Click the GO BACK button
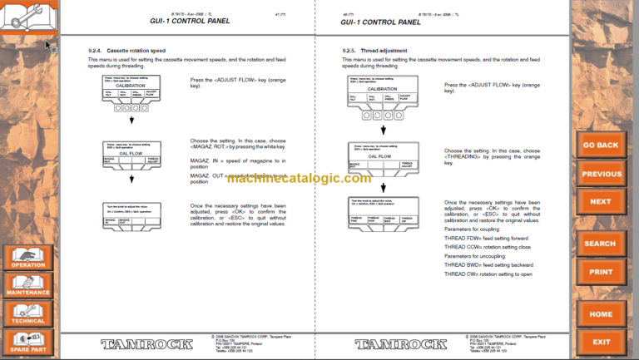[x=601, y=144]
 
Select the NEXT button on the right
[x=601, y=201]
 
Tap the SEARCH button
[x=600, y=243]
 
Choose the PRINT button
[x=601, y=271]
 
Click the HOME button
[x=601, y=314]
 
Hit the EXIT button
[x=601, y=341]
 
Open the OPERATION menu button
[x=28, y=258]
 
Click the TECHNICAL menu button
[x=28, y=313]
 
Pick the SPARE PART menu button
[x=28, y=341]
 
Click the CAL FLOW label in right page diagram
[x=380, y=155]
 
